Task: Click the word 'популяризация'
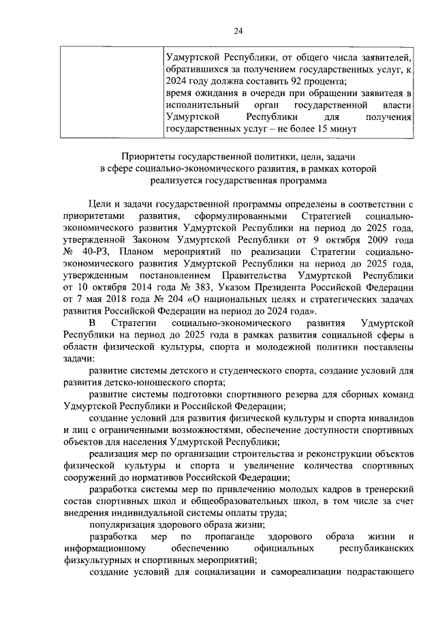click(123, 525)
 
